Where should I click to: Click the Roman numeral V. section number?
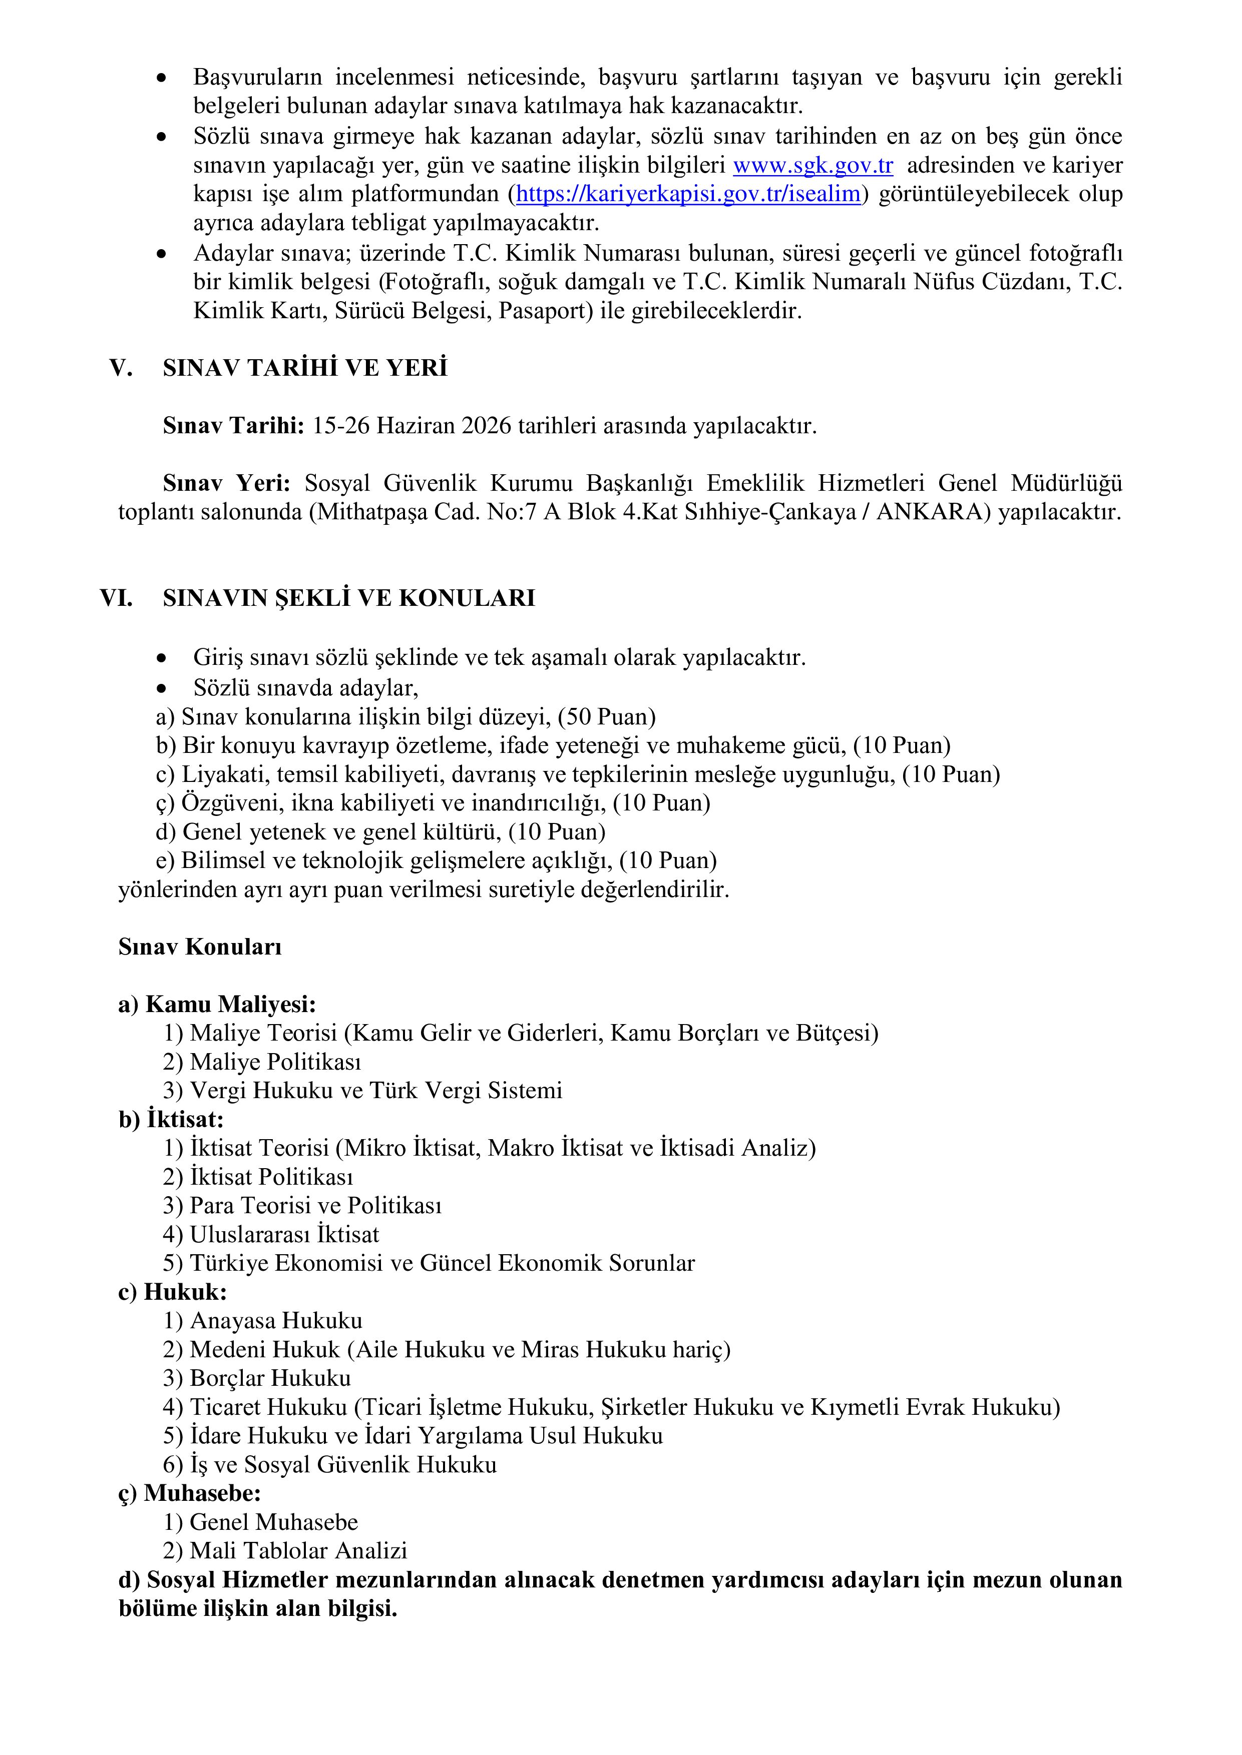121,368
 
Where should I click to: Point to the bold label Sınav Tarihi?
233,426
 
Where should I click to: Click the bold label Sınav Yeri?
226,483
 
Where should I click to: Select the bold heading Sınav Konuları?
200,947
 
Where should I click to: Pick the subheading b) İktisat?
171,1120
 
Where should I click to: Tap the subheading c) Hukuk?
172,1293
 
